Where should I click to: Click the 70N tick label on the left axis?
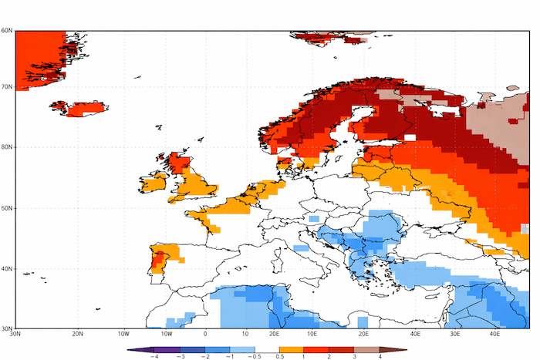(6, 86)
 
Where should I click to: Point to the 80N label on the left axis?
(6, 147)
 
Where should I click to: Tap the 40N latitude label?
(6, 269)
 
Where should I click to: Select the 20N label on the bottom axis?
(77, 334)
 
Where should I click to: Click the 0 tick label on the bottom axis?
(205, 334)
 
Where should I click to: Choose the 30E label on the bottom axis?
(455, 334)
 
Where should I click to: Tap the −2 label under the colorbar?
(206, 356)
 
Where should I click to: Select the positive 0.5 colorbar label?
(278, 356)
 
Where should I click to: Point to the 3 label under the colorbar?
(355, 356)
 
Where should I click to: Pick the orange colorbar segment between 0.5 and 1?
(292, 349)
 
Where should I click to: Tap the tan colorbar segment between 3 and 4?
(367, 349)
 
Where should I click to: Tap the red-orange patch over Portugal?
(159, 260)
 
